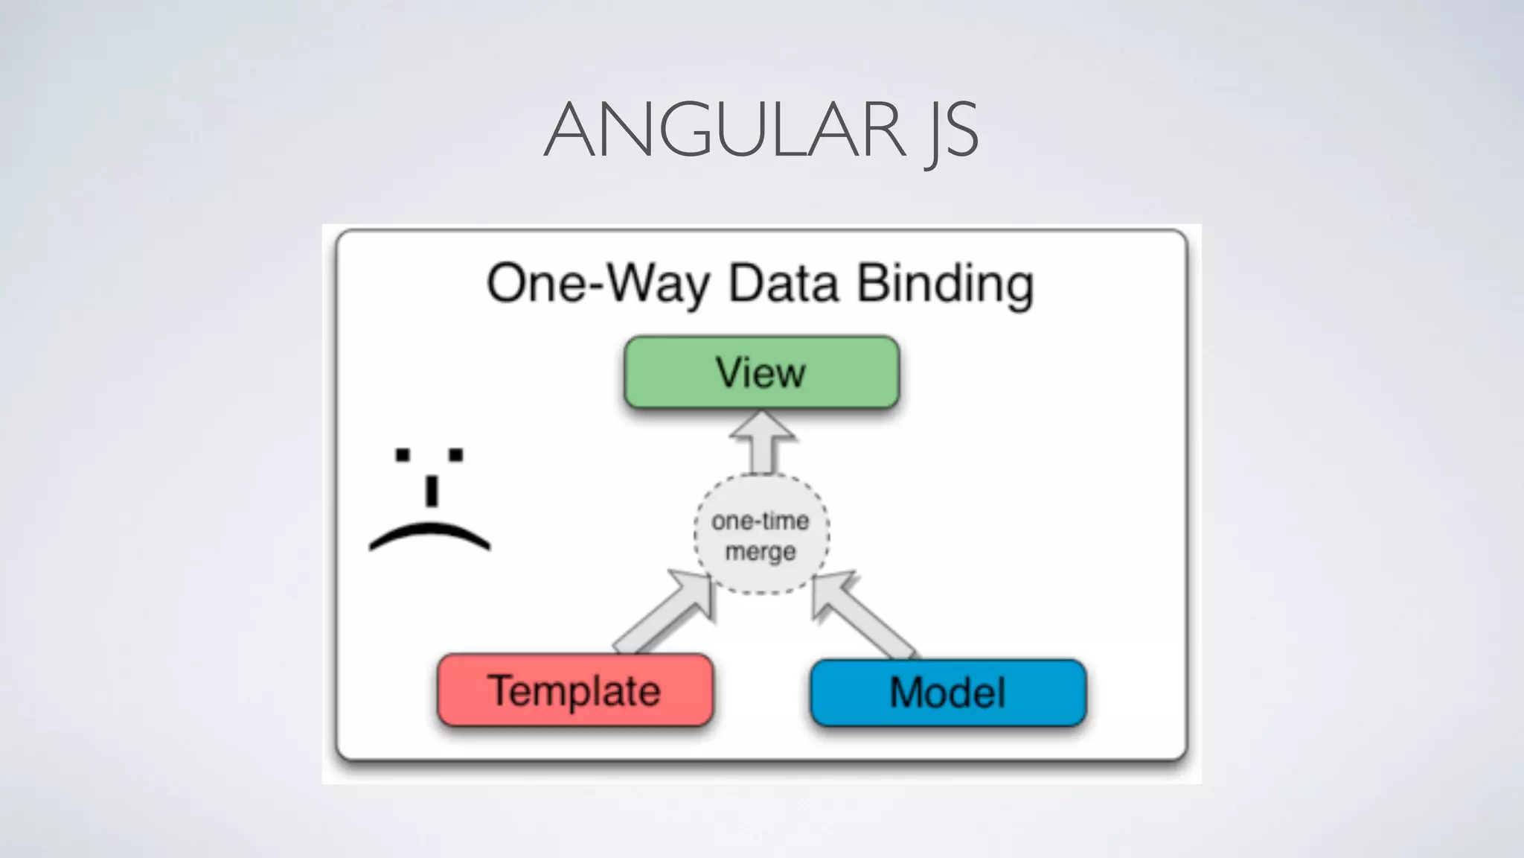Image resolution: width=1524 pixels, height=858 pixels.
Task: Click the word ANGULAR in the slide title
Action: pos(726,130)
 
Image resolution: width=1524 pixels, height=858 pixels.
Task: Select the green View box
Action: pos(761,372)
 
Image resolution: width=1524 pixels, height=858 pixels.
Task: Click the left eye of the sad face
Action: pos(403,454)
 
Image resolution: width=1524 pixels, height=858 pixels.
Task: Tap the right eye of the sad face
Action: pos(455,454)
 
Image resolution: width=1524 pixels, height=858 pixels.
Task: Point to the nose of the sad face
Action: pos(431,491)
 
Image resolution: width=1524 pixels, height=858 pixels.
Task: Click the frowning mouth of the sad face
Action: pos(429,534)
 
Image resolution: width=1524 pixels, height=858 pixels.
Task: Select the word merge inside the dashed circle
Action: pos(761,552)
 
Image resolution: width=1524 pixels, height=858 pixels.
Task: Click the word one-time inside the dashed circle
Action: pos(761,521)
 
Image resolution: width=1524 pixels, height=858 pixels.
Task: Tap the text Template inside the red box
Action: pos(574,690)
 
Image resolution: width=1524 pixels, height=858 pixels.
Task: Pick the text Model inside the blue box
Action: pos(947,692)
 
